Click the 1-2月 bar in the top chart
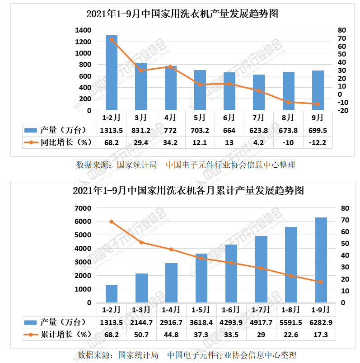click(x=112, y=72)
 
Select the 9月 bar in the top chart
click(x=318, y=90)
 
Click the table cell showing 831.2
click(x=141, y=130)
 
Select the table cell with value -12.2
click(x=318, y=142)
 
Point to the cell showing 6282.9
click(x=321, y=322)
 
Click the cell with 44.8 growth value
click(x=171, y=335)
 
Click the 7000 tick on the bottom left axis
click(x=83, y=208)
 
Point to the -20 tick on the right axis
click(x=342, y=110)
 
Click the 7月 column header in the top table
click(x=258, y=118)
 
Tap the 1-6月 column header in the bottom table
click(x=231, y=310)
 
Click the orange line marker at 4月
click(x=170, y=66)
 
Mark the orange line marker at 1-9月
click(x=321, y=282)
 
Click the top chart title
click(x=182, y=14)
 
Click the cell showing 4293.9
click(x=231, y=322)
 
